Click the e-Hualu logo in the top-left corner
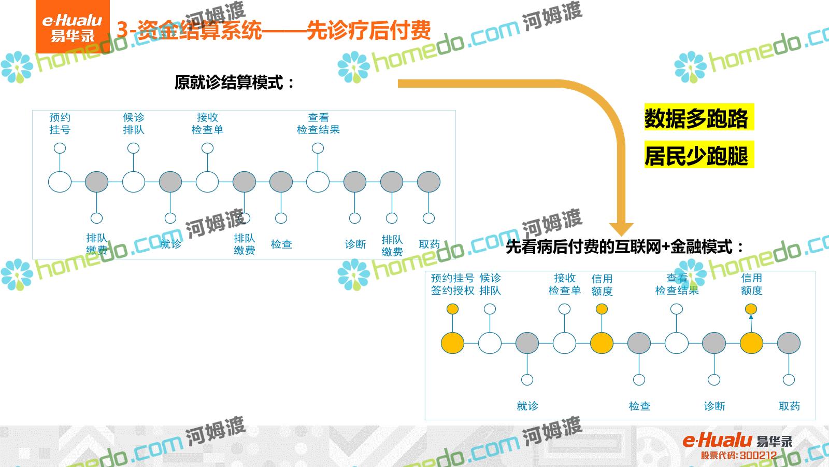tap(73, 27)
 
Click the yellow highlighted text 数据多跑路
tap(696, 118)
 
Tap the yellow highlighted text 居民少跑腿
tap(696, 156)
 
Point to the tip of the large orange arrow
tap(621, 234)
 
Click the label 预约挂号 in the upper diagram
tap(60, 123)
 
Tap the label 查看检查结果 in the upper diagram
tap(318, 123)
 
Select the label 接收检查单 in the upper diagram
tap(207, 123)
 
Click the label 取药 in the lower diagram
tap(789, 406)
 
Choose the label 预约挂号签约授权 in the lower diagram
tap(452, 284)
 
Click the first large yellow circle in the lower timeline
tap(452, 344)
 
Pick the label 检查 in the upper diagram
tap(281, 244)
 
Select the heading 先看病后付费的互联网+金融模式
tap(624, 247)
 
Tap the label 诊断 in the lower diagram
tap(714, 406)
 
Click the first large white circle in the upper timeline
tap(60, 182)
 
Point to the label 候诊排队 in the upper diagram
tap(134, 123)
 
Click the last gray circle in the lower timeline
tap(789, 344)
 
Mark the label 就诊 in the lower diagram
tap(527, 406)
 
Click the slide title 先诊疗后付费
tap(368, 30)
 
